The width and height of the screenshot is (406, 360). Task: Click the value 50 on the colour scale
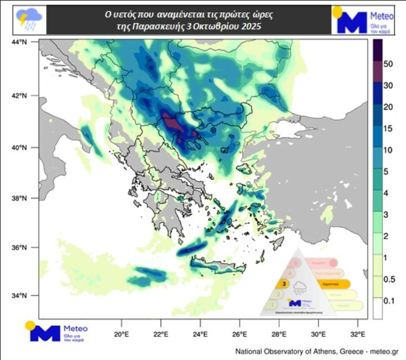pos(387,65)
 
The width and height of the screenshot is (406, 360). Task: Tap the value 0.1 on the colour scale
pos(387,301)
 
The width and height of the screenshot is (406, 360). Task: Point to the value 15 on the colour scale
pos(387,129)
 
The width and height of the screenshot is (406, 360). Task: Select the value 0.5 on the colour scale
pos(387,280)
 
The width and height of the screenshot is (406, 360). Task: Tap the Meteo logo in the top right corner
pos(365,21)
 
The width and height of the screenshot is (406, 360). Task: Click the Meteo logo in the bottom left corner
pos(56,332)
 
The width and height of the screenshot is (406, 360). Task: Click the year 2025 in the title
pos(250,26)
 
